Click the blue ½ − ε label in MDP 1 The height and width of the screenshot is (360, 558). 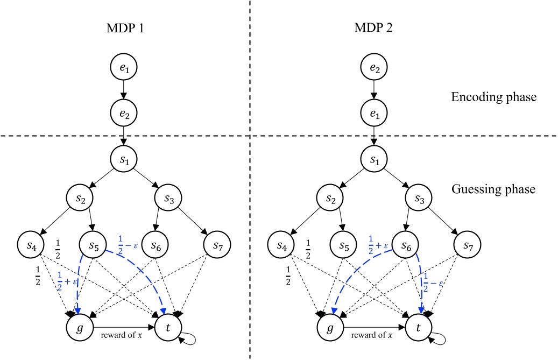click(x=126, y=241)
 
